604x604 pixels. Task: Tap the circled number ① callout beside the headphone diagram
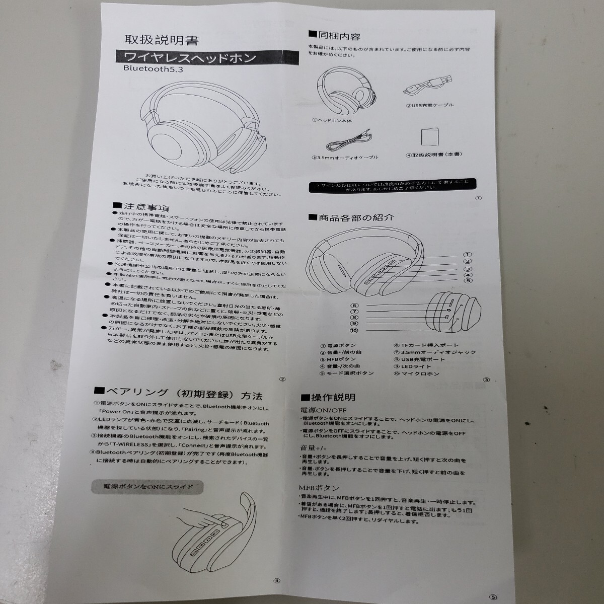468,255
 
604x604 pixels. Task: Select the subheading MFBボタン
319,488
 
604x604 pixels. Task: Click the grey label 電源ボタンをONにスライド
148,487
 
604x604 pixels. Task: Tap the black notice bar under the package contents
393,185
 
